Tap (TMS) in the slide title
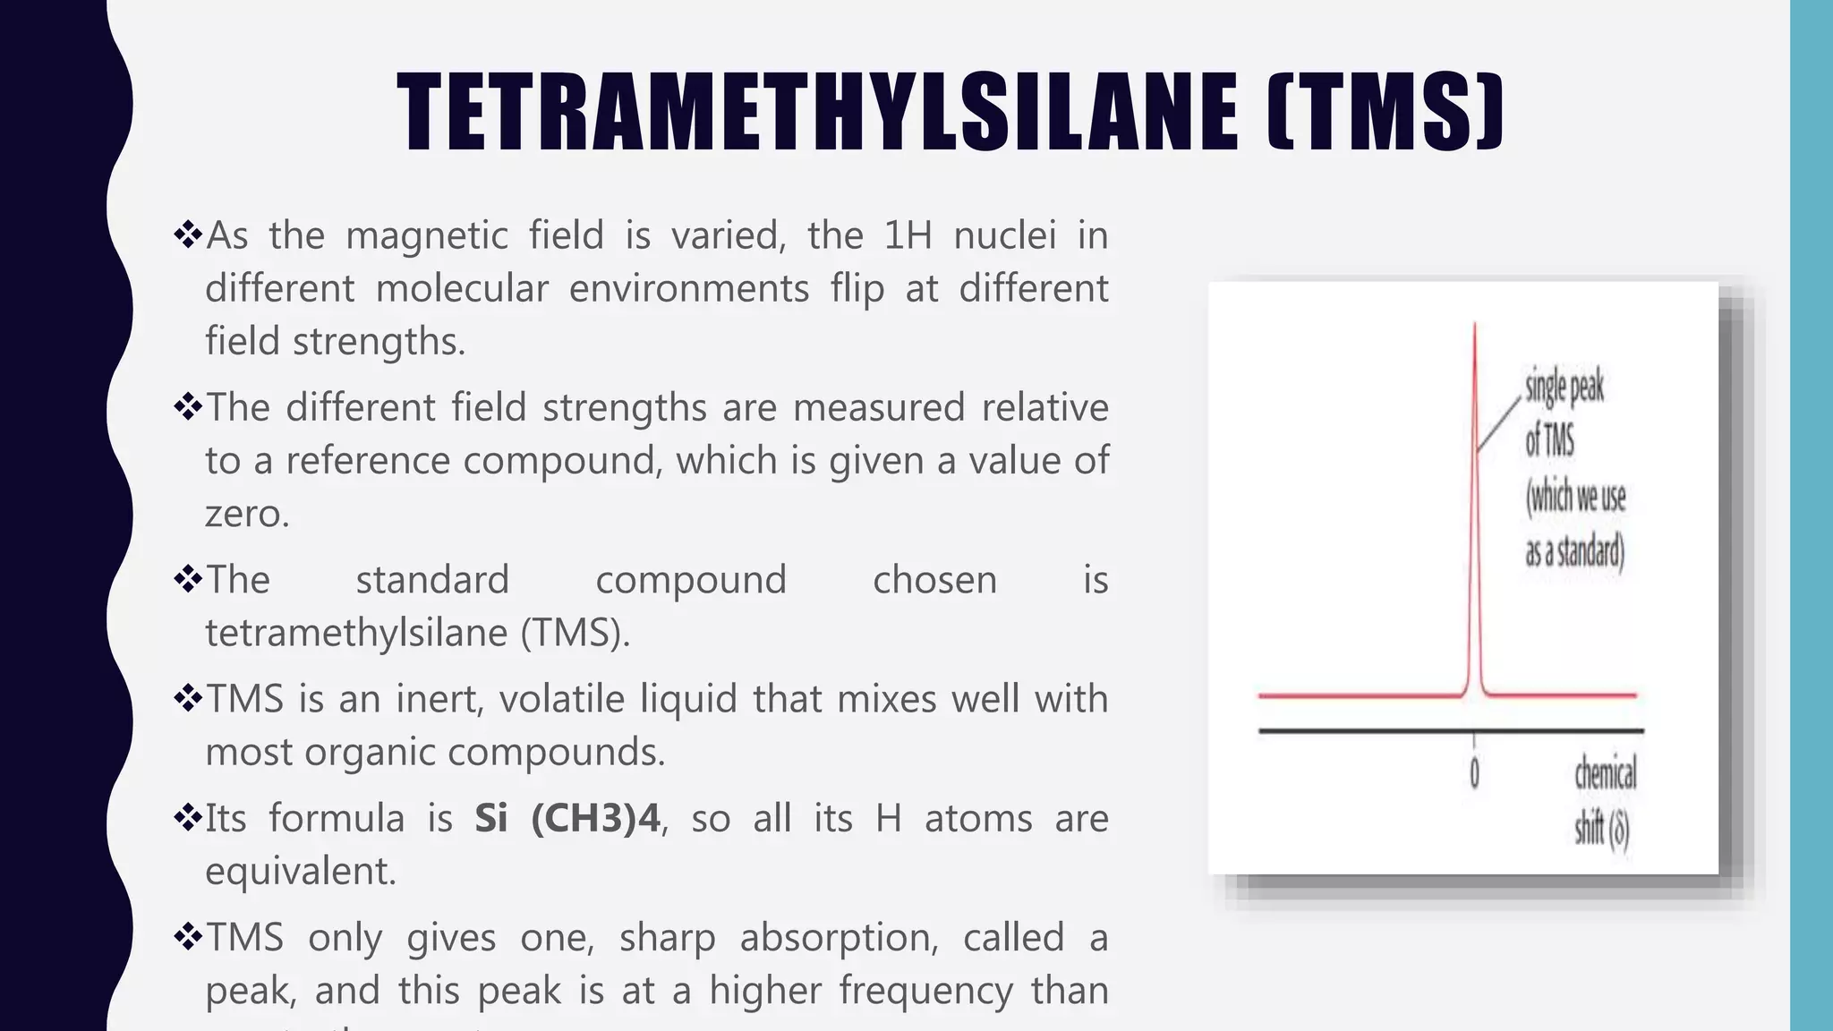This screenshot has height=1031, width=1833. [1385, 113]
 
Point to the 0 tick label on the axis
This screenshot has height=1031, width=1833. [1474, 773]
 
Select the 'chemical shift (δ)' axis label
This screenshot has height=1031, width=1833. [1605, 800]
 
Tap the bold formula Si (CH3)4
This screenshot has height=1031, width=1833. [567, 818]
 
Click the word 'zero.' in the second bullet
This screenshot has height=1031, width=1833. [247, 514]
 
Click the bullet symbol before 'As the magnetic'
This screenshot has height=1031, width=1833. [188, 235]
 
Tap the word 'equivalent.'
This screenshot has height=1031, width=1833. [301, 871]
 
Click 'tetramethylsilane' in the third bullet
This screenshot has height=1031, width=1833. [357, 633]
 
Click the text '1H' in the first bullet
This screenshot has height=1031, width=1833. [908, 235]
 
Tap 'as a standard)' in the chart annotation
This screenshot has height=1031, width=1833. [1574, 551]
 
